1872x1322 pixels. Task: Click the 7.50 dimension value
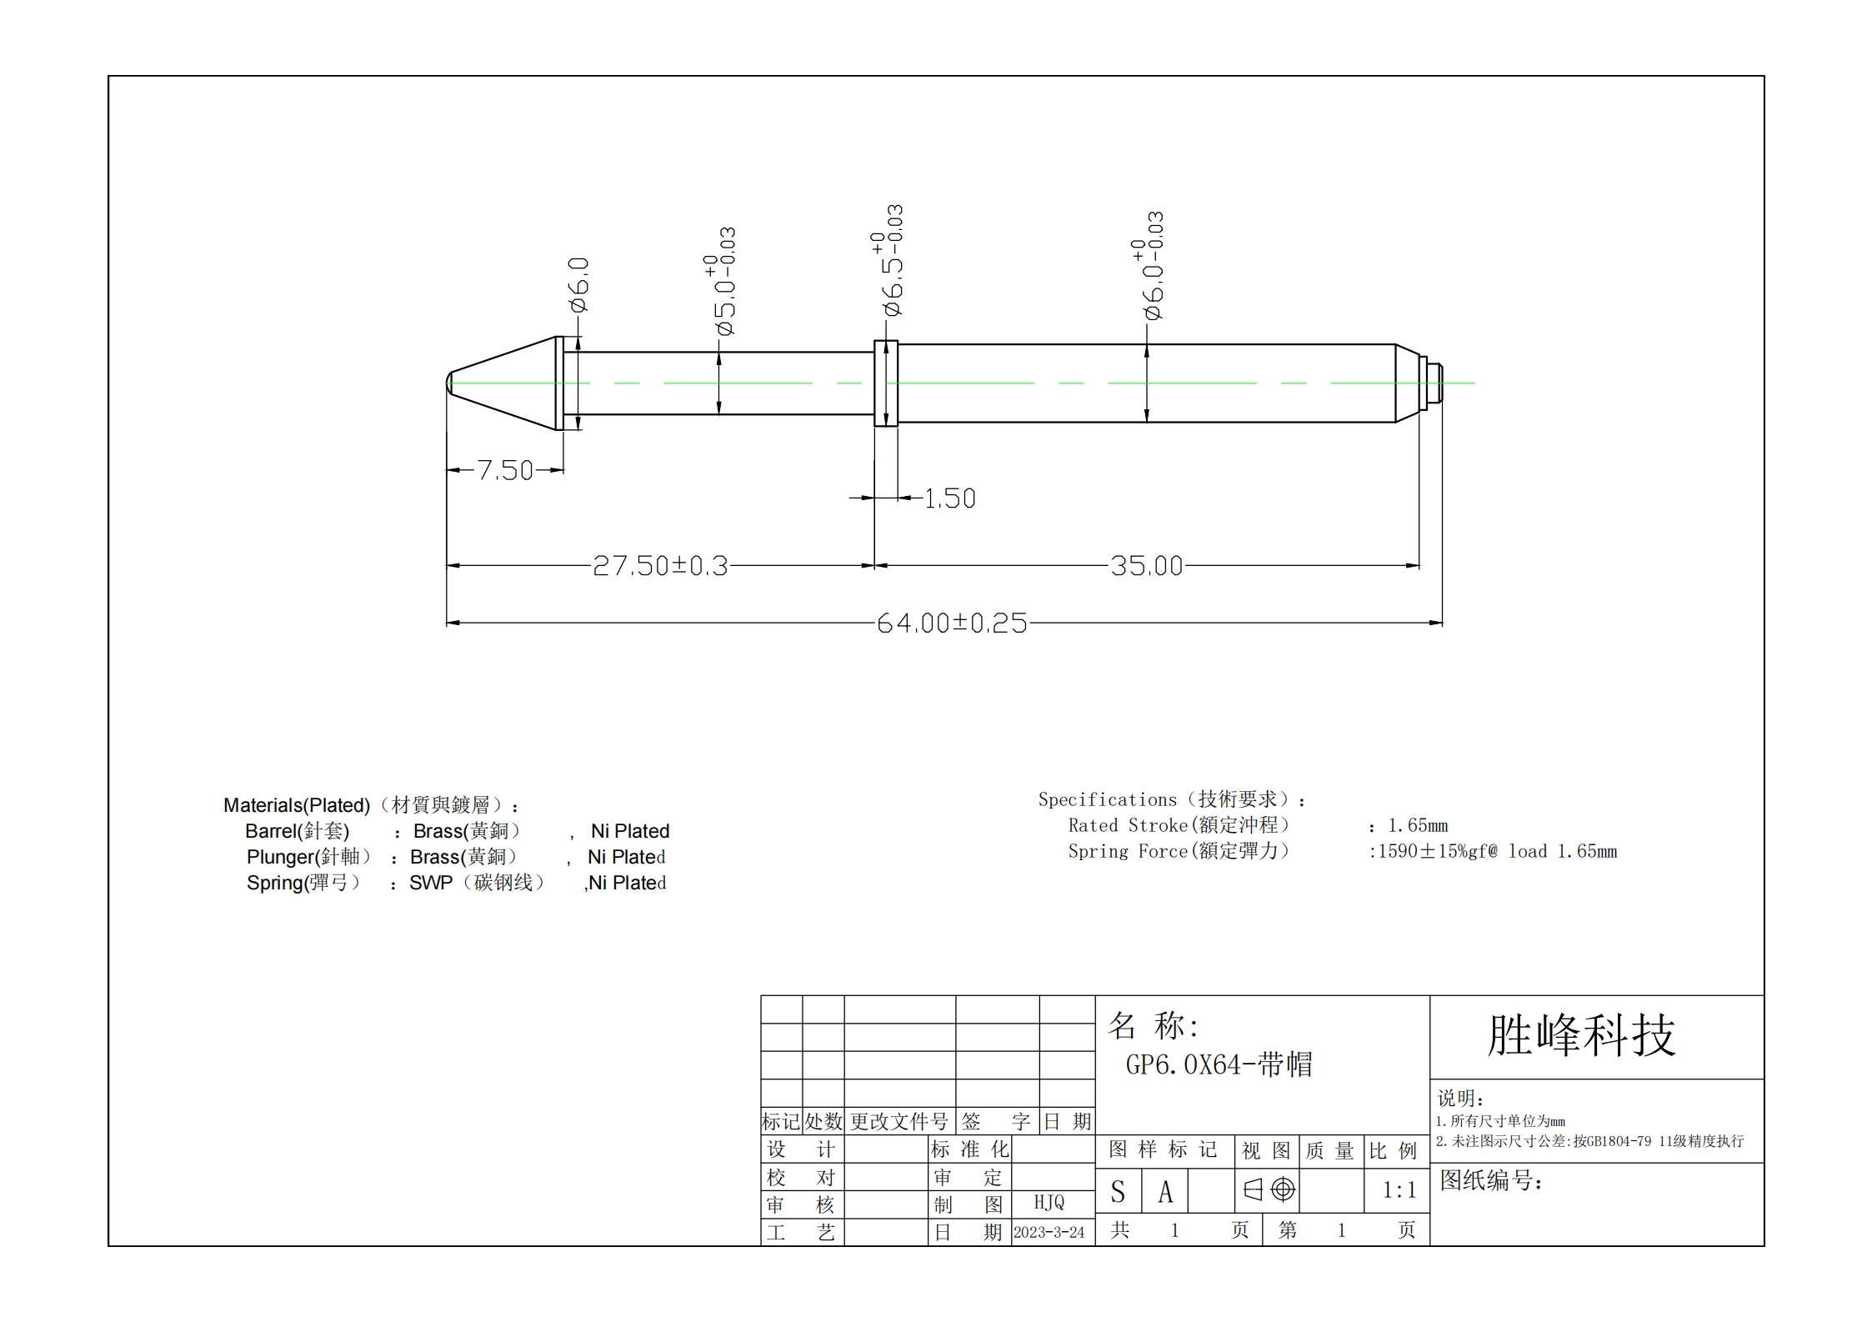505,470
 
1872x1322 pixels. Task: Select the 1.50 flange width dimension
950,498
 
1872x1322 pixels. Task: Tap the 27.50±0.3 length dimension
660,566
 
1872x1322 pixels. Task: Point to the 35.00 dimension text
1147,566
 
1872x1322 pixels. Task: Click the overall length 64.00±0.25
952,623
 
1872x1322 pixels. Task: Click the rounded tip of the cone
449,383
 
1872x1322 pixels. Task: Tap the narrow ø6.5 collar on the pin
885,383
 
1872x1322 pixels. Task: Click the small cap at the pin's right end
1434,383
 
